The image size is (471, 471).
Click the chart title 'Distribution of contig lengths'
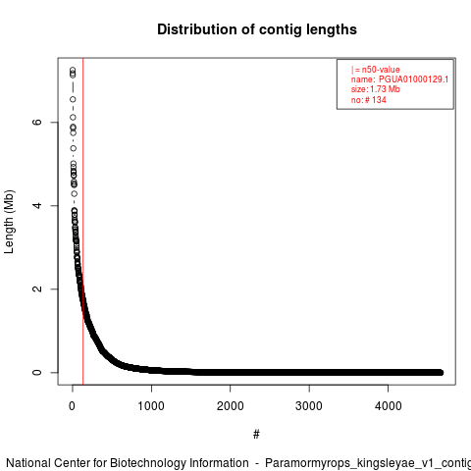tap(257, 29)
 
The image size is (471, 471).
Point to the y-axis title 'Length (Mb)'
tap(10, 222)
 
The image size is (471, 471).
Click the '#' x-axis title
tap(256, 435)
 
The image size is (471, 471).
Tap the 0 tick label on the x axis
tap(72, 406)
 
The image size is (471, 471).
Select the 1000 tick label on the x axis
tap(151, 406)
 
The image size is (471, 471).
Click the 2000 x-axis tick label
tap(230, 406)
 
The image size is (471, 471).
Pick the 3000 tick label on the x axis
tap(309, 406)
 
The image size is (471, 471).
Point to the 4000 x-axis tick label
tap(388, 406)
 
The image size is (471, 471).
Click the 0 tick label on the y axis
tap(37, 372)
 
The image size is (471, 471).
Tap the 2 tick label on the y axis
tap(37, 288)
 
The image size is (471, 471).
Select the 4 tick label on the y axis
tap(37, 205)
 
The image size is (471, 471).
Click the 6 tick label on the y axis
tap(37, 122)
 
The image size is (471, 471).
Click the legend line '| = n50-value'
tap(376, 70)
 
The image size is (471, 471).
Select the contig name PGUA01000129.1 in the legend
tap(413, 79)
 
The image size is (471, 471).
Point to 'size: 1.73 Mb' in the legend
tap(376, 89)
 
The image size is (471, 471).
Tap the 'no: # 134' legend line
tap(369, 100)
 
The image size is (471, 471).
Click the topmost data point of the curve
tap(73, 70)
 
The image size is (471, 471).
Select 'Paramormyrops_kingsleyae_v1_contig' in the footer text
tap(368, 464)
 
